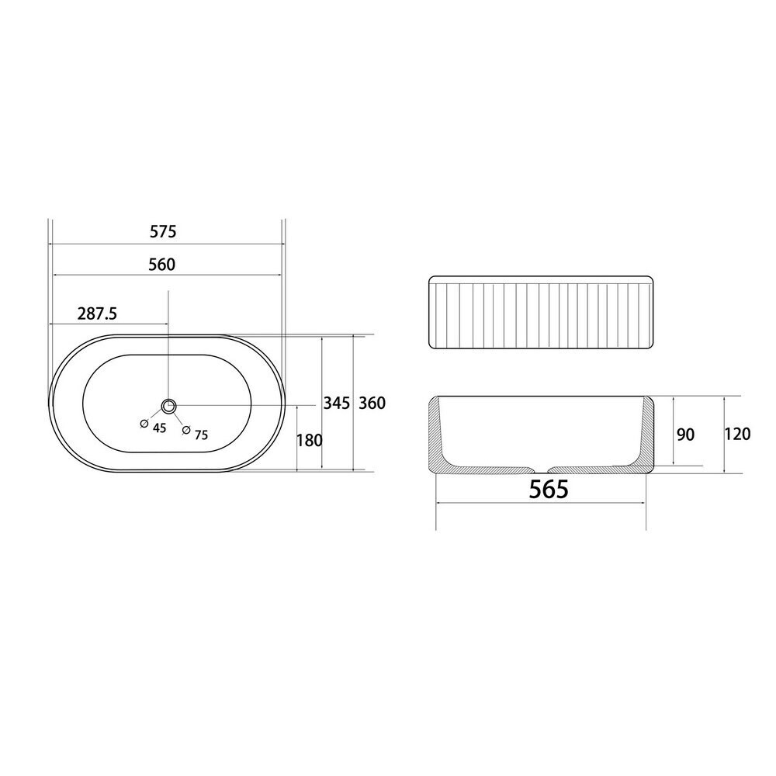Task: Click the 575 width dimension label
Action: point(163,231)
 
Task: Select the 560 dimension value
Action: point(162,265)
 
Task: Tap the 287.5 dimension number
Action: point(97,314)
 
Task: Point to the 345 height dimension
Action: point(336,403)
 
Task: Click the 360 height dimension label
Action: point(372,403)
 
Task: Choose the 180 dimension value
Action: point(310,440)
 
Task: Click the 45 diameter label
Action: point(159,428)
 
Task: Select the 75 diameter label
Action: point(202,435)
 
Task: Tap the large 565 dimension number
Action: point(549,490)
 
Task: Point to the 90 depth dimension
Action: point(685,435)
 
